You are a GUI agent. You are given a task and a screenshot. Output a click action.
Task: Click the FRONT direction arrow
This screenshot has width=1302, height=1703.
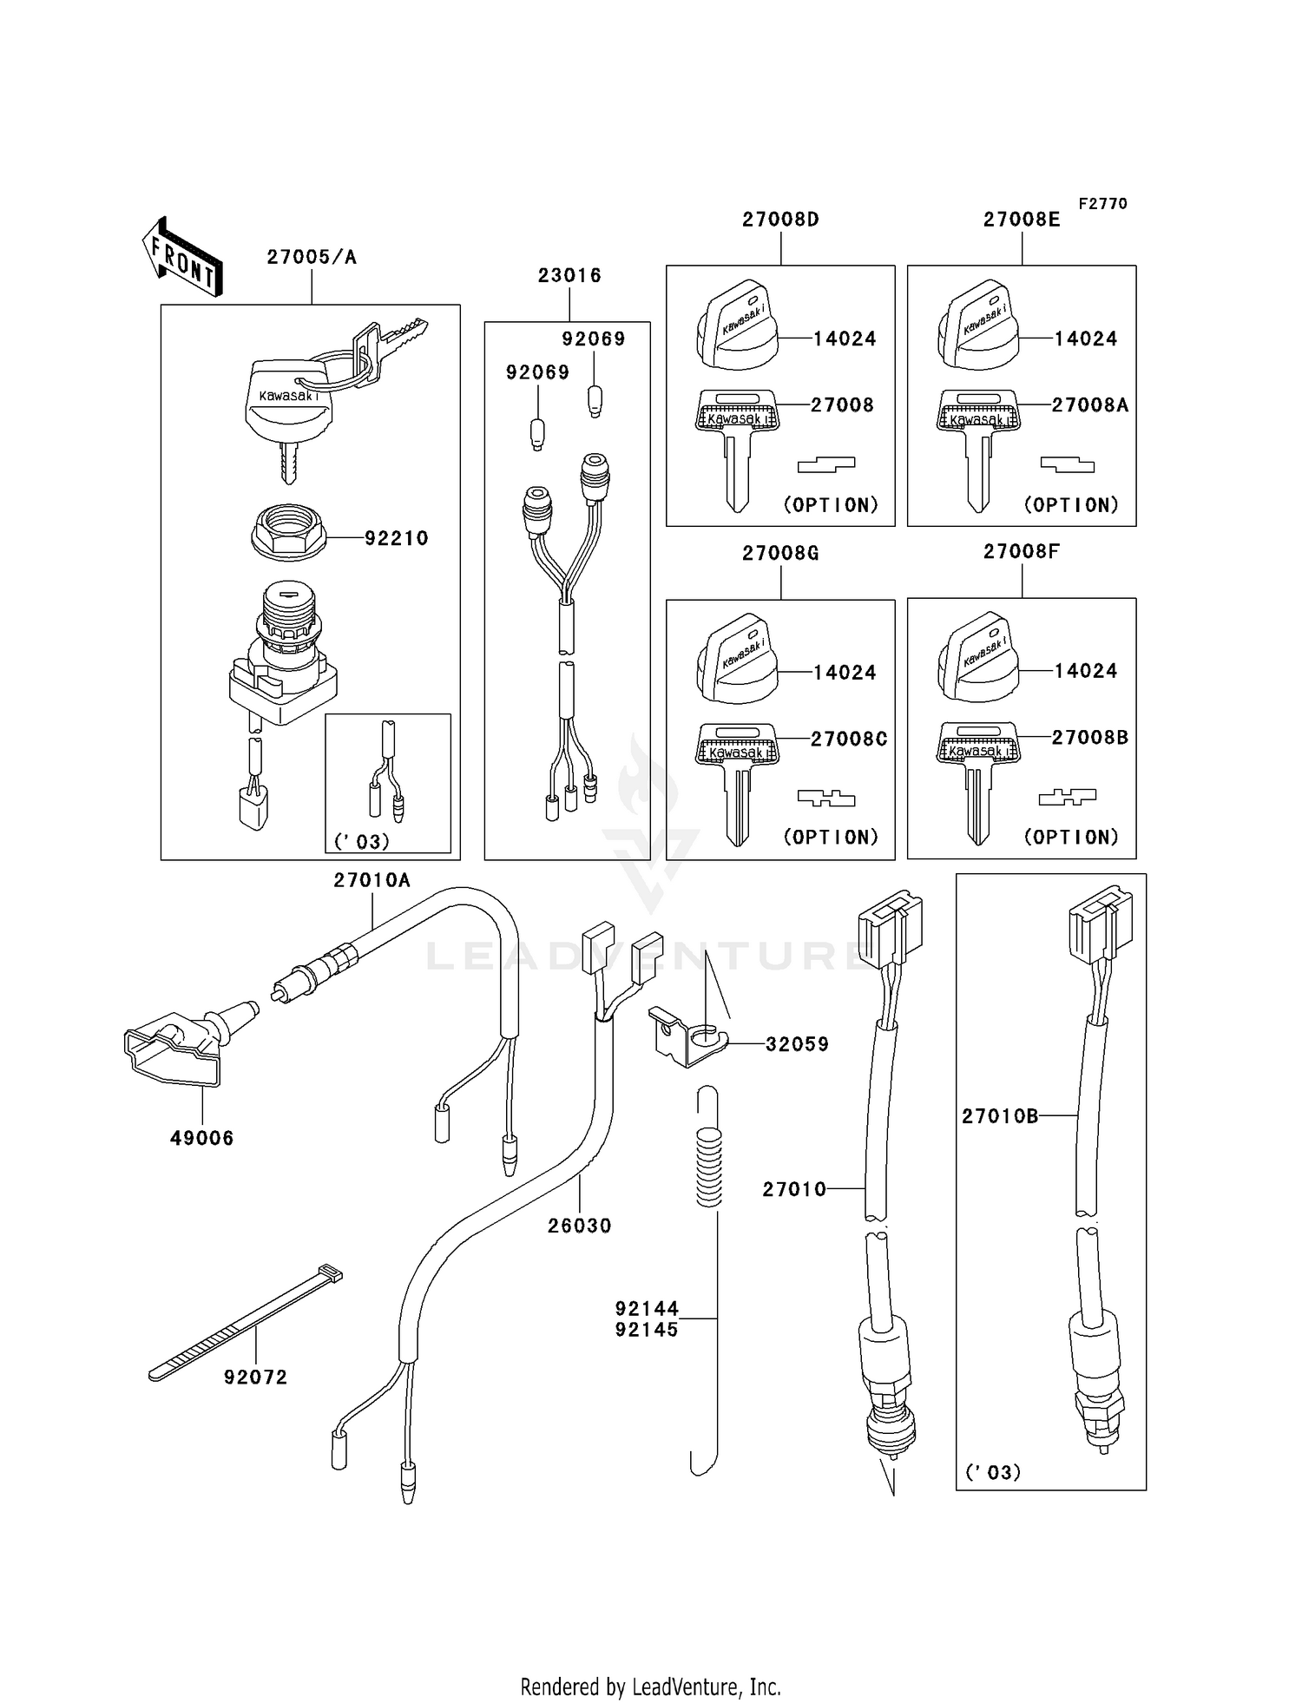(x=182, y=257)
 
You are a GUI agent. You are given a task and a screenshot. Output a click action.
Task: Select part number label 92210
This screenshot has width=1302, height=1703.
(x=396, y=538)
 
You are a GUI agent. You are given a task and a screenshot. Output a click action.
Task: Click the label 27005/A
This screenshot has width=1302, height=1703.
(x=312, y=257)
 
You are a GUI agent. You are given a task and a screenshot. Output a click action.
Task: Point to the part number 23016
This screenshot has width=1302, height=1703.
(x=569, y=275)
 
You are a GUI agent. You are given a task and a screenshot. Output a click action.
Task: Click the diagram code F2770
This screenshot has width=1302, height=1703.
(x=1102, y=203)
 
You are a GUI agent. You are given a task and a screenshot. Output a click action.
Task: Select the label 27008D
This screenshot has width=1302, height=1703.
(x=780, y=220)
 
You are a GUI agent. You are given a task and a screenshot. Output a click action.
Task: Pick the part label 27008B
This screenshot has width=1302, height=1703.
(x=1089, y=738)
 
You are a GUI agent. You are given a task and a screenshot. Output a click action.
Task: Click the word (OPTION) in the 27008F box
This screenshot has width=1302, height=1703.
(x=1071, y=837)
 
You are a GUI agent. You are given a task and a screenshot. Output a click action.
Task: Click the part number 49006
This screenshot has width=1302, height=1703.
(x=201, y=1138)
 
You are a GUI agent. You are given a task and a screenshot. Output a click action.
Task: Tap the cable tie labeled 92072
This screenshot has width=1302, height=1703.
(x=245, y=1324)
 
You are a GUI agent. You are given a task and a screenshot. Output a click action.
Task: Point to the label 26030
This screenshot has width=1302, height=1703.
(x=579, y=1226)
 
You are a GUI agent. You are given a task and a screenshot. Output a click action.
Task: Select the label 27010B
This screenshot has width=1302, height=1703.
(x=999, y=1116)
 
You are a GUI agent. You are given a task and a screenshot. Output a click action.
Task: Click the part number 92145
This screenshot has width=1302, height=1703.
(x=647, y=1330)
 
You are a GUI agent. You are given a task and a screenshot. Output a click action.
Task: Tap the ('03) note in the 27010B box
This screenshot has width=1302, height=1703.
(x=992, y=1472)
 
